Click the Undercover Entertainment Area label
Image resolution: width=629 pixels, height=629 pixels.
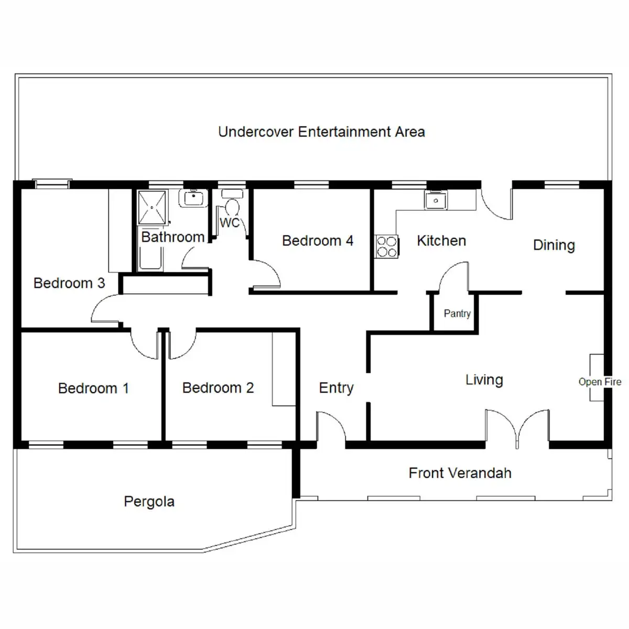[x=321, y=132]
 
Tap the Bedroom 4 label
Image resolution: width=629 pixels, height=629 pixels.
[x=318, y=241]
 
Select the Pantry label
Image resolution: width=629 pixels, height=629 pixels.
[x=457, y=313]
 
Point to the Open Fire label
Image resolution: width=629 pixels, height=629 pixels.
[x=600, y=382]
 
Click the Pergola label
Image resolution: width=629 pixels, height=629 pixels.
[x=149, y=502]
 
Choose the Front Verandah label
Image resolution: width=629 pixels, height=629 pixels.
[x=460, y=473]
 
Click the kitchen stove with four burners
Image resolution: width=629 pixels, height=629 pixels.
[x=387, y=246]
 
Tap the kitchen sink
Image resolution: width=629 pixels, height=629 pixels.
[x=436, y=200]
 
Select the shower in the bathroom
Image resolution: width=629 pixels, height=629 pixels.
[x=152, y=208]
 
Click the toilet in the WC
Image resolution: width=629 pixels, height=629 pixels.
[x=231, y=204]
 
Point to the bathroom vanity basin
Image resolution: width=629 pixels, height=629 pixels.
[x=193, y=198]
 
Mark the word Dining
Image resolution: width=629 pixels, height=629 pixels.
[x=554, y=245]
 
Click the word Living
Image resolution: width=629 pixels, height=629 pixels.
[x=484, y=379]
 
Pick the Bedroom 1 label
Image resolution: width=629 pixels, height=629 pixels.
[x=93, y=388]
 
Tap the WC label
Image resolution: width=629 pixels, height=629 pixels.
[x=229, y=223]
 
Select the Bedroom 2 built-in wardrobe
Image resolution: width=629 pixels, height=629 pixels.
[x=284, y=368]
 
